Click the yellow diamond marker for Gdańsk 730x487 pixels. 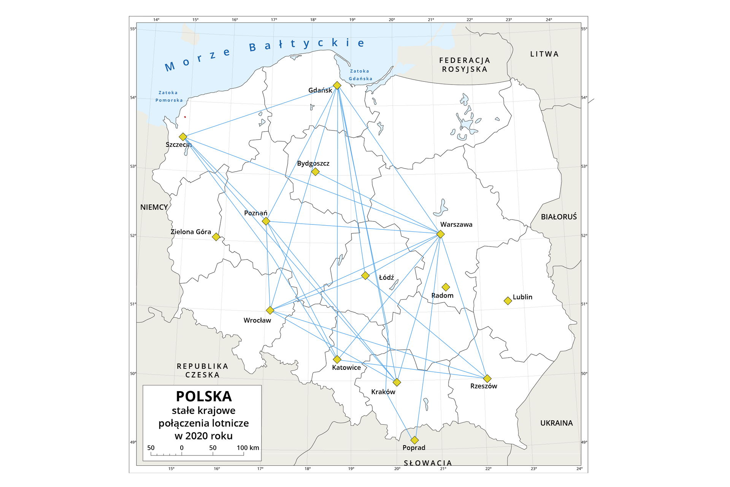pos(337,85)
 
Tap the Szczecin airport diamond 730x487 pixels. pos(183,137)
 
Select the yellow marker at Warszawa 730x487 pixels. pos(440,234)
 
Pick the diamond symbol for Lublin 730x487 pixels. pos(508,301)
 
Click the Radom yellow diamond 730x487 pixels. pos(446,287)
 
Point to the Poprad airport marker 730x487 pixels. pos(414,440)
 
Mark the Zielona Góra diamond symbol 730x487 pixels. pos(216,237)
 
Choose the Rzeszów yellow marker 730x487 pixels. pos(487,379)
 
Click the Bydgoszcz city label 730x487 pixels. pos(313,163)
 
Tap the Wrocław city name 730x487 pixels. pos(257,320)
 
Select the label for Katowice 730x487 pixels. pos(346,368)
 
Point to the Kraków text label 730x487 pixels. pos(383,392)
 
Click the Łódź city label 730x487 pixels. pos(386,278)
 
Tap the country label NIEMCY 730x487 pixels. pos(154,207)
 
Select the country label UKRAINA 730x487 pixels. pos(556,423)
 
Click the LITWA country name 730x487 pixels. pos(544,54)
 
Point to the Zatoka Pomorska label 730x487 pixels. pos(169,96)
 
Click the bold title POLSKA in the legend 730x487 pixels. pos(204,396)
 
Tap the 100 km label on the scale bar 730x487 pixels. pos(248,448)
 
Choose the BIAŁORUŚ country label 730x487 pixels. pos(559,217)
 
